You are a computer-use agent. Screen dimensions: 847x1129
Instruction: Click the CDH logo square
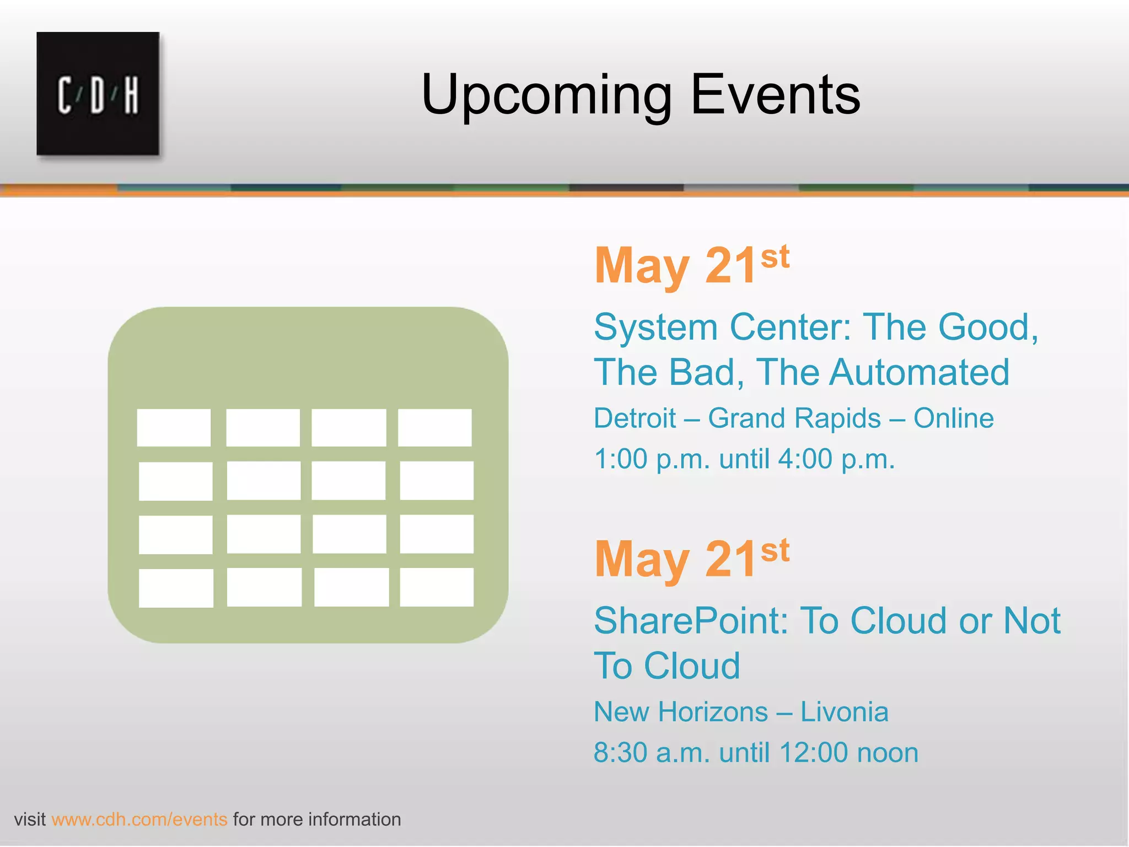pyautogui.click(x=98, y=94)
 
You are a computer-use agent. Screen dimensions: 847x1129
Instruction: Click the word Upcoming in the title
pyautogui.click(x=546, y=95)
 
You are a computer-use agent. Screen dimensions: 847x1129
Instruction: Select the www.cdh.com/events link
pyautogui.click(x=139, y=819)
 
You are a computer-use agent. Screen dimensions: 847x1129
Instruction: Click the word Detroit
pyautogui.click(x=635, y=418)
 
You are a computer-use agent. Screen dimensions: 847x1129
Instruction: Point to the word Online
pyautogui.click(x=953, y=418)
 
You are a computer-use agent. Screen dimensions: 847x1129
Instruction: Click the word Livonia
pyautogui.click(x=844, y=712)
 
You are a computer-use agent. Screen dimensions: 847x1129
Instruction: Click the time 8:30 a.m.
pyautogui.click(x=652, y=753)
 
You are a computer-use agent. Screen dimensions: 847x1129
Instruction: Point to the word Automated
pyautogui.click(x=920, y=372)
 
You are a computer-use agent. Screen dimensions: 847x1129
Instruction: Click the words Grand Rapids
pyautogui.click(x=794, y=418)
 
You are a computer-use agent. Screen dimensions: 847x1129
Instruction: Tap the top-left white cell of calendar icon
pyautogui.click(x=174, y=427)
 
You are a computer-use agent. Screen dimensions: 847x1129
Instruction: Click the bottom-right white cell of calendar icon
pyautogui.click(x=436, y=587)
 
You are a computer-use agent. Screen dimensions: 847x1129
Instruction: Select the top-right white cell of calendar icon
pyautogui.click(x=434, y=427)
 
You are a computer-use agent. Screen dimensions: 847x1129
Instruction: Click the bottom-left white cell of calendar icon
pyautogui.click(x=176, y=588)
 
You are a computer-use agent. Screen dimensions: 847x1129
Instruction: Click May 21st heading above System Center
pyautogui.click(x=691, y=266)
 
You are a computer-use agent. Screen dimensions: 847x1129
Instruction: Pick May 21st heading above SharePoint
pyautogui.click(x=691, y=559)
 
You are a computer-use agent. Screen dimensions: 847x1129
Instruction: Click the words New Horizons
pyautogui.click(x=680, y=712)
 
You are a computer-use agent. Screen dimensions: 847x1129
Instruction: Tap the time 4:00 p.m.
pyautogui.click(x=836, y=459)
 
